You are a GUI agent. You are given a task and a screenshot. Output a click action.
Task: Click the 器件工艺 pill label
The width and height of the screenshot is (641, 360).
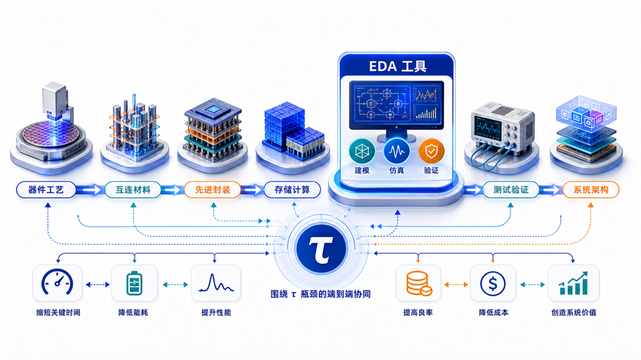(46, 189)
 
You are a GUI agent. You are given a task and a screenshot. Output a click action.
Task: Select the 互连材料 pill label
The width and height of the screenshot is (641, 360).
(133, 189)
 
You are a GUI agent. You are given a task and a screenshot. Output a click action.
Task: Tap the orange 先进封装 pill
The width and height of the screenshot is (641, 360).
(212, 189)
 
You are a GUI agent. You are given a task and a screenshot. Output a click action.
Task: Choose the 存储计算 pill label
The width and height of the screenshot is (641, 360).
(292, 189)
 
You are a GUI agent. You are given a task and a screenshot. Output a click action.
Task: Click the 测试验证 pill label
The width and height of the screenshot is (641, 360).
(511, 189)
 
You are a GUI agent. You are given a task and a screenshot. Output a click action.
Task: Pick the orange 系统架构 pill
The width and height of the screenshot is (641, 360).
(591, 189)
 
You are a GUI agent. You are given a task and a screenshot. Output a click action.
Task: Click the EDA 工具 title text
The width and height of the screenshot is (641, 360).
(397, 66)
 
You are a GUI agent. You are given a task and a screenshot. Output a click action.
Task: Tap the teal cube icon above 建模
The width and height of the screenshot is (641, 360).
(362, 151)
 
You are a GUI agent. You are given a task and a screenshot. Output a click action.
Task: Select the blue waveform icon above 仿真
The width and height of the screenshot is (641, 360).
(397, 151)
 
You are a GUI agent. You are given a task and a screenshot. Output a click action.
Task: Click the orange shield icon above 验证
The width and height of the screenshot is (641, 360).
(431, 151)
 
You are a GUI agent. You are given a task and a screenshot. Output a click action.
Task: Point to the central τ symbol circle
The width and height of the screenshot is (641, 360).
(321, 248)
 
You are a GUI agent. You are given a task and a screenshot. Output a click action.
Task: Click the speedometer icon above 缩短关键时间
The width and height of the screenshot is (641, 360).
(57, 282)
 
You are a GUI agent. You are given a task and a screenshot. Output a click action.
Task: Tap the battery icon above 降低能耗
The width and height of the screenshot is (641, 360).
(134, 283)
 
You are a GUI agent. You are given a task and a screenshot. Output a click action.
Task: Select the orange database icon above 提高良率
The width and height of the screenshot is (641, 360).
(419, 283)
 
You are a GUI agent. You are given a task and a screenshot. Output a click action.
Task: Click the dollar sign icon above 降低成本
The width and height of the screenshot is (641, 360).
(493, 284)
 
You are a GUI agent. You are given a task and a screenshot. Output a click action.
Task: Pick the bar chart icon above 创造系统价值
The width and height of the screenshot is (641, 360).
(573, 283)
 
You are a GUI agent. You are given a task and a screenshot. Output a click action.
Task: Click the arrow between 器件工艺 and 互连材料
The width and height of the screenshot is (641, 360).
(90, 189)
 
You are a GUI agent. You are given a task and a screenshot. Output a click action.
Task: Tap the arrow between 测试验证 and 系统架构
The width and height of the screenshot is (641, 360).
(550, 189)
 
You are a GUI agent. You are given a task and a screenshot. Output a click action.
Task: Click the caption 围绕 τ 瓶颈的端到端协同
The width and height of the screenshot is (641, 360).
(320, 294)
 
